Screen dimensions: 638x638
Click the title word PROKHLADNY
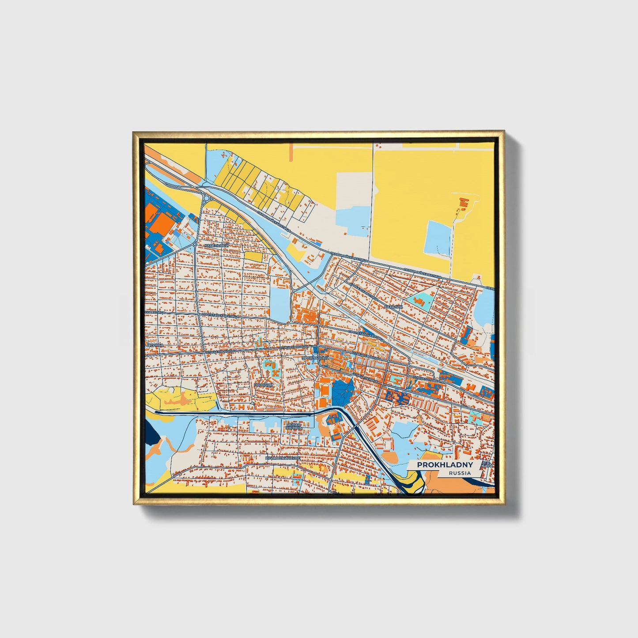tap(445, 465)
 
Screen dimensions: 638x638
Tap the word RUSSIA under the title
tap(459, 473)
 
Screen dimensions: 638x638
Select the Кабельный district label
tap(216, 245)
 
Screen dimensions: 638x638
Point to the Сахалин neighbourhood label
tap(393, 306)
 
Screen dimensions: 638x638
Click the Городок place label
tap(264, 385)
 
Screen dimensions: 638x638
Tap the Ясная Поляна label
tap(293, 426)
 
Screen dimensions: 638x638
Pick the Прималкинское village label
tap(282, 458)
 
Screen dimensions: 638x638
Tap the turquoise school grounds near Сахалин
tap(420, 302)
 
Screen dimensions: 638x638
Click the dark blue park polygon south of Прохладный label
tap(343, 390)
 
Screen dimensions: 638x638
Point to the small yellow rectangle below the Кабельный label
tap(253, 256)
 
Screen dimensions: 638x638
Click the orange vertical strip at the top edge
tap(291, 151)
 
